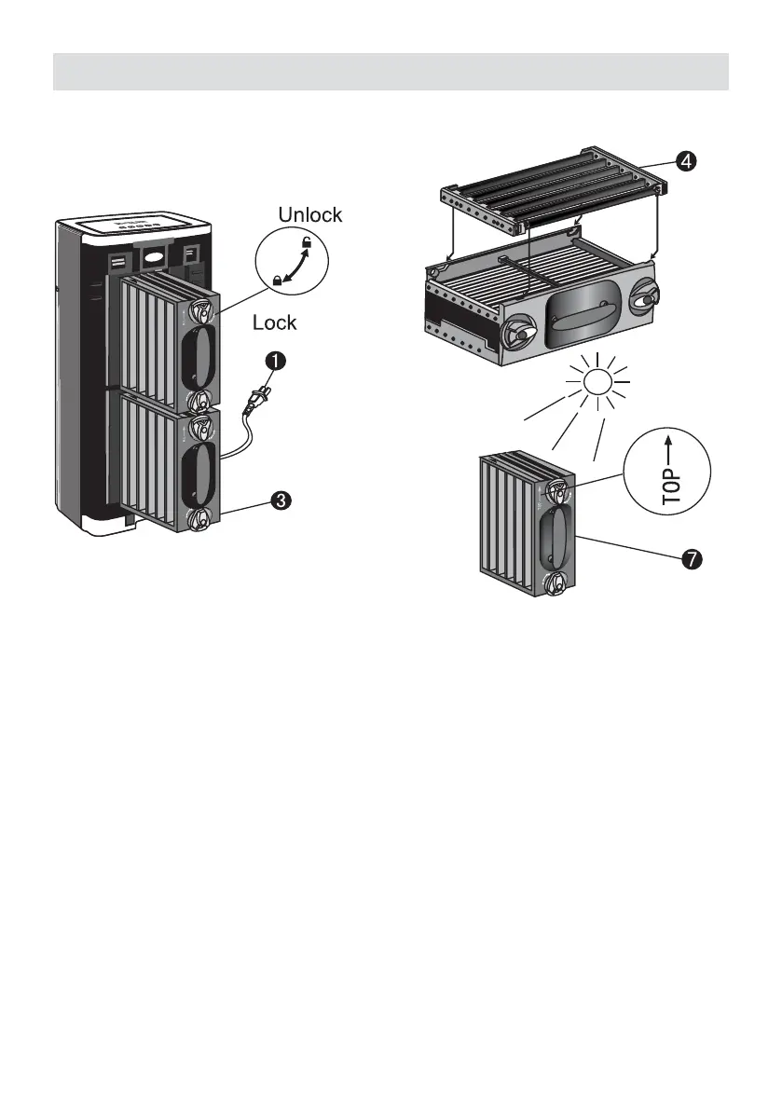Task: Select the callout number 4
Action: (x=685, y=161)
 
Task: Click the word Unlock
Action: (x=311, y=215)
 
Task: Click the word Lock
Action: (x=275, y=323)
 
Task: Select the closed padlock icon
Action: (x=277, y=280)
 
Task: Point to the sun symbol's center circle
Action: (x=597, y=381)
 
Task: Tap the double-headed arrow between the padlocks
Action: (x=293, y=263)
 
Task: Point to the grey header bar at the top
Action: (x=391, y=71)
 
